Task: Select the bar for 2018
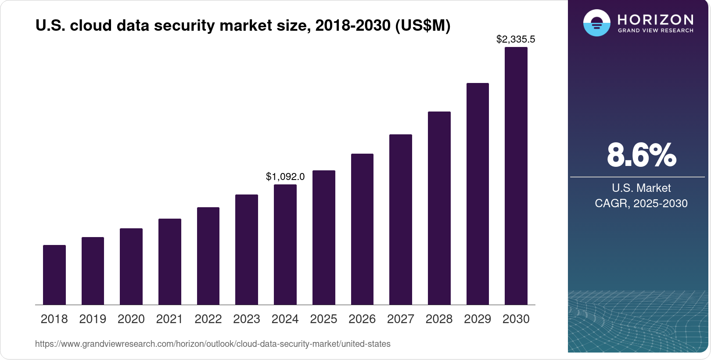coord(54,275)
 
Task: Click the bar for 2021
coord(170,262)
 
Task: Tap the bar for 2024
coord(285,245)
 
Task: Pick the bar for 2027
coord(401,220)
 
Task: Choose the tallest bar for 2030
coord(516,176)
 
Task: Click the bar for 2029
coord(478,194)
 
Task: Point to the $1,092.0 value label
coord(285,176)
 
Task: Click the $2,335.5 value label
coord(516,39)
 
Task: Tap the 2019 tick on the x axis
coord(93,319)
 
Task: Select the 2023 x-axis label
coord(247,319)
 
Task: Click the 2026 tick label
coord(362,319)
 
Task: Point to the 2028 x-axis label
coord(439,319)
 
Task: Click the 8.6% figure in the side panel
coord(641,155)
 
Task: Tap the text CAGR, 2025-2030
coord(641,203)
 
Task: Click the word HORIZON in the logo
coord(655,20)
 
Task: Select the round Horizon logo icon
coord(596,23)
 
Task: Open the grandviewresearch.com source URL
coord(213,344)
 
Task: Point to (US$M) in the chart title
coord(423,25)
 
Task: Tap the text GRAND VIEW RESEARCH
coord(655,31)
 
